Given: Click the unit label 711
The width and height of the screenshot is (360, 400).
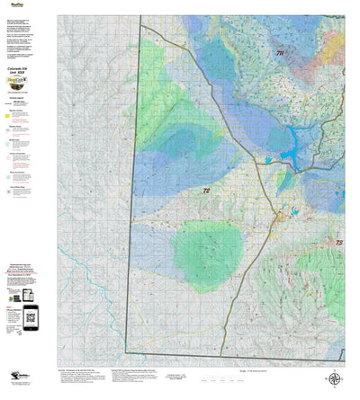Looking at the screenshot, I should pos(279,55).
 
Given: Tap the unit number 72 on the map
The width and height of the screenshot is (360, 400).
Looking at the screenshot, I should pos(206,191).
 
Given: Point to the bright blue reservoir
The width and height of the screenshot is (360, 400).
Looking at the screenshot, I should pos(292,140).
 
